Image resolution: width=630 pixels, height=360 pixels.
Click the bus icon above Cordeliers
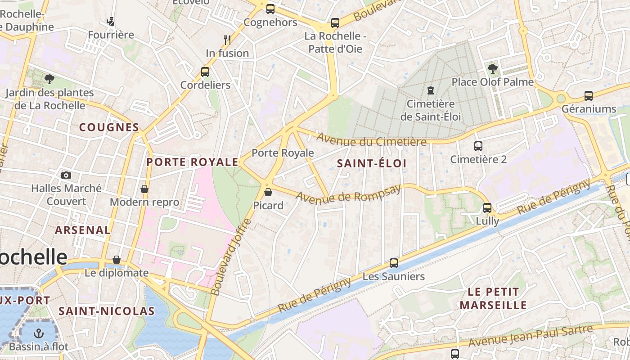(205, 72)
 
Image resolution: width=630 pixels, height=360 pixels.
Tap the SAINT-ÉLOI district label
(372, 163)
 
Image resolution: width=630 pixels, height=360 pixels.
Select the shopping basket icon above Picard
(268, 193)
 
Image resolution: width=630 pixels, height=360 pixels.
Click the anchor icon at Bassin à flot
(39, 333)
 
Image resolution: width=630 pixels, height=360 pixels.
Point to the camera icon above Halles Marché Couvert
(66, 175)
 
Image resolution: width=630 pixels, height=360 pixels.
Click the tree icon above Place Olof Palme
(493, 69)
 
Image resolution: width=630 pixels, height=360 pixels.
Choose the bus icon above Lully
(487, 208)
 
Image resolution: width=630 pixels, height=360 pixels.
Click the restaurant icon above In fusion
(227, 40)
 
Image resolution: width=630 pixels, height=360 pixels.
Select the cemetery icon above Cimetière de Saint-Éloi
(431, 90)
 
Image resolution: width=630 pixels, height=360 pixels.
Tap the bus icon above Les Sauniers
(394, 263)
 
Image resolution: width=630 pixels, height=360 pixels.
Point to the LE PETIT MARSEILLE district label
(493, 298)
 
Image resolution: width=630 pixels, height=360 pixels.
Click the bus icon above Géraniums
(589, 96)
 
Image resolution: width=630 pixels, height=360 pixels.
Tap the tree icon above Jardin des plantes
(49, 80)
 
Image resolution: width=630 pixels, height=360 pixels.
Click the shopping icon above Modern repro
(144, 189)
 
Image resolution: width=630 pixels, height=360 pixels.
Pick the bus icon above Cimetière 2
(478, 146)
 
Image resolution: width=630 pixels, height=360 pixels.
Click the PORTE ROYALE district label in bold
(193, 162)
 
